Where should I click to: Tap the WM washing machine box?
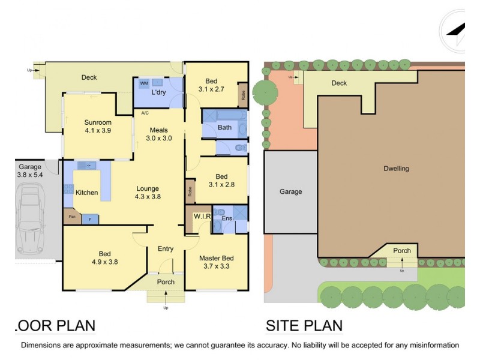tap(144, 83)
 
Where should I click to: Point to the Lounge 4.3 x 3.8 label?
tap(148, 192)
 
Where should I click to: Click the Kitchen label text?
tap(86, 193)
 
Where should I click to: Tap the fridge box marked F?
tap(90, 218)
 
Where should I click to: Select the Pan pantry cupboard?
tap(71, 216)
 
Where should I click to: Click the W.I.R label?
tap(201, 216)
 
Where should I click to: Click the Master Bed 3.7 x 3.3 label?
tap(216, 262)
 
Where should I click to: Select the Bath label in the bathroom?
tap(224, 127)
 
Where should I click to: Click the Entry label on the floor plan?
tap(166, 249)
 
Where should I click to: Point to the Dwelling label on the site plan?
tap(396, 169)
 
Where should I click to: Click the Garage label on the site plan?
tap(290, 192)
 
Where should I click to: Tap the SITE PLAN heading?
tap(304, 326)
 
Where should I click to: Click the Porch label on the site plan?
tap(402, 251)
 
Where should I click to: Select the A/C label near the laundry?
tap(145, 113)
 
